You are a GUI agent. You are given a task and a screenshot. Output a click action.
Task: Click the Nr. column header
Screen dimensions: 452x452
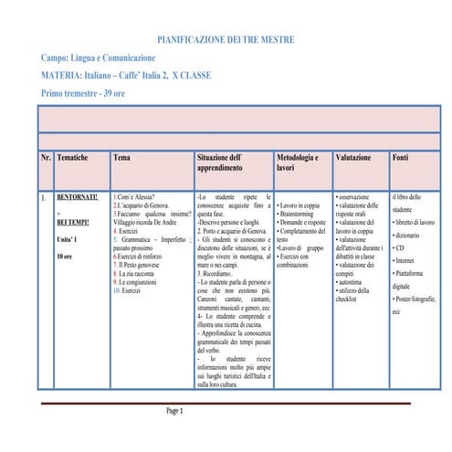point(46,158)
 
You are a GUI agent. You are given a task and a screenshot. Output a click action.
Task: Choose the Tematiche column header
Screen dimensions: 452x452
point(72,158)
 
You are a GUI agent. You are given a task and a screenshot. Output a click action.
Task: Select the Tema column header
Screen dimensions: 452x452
point(121,158)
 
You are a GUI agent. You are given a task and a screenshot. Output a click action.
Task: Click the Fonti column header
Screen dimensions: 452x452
point(400,158)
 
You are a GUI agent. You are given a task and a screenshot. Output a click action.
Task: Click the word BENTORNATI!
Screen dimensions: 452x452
point(77,197)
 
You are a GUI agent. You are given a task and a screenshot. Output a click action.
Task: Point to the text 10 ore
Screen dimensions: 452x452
point(66,258)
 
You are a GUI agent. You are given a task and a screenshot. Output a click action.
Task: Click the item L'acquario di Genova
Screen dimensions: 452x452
point(142,206)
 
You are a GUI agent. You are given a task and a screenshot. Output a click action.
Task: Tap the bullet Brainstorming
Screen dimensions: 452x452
point(302,215)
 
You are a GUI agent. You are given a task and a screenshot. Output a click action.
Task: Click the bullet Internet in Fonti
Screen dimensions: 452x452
point(404,260)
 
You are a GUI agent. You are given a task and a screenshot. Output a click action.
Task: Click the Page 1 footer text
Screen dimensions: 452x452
point(174,411)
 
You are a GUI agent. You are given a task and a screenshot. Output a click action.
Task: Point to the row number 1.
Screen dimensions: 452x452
point(44,197)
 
